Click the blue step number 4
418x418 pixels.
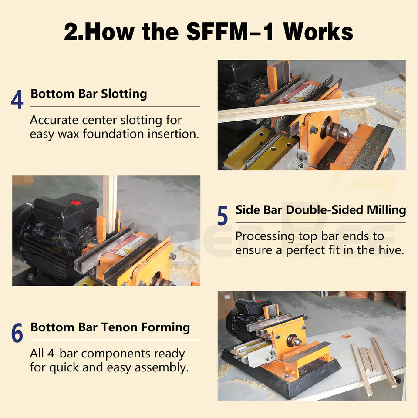[17, 99]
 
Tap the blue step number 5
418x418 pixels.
[222, 216]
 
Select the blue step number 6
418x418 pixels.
[17, 333]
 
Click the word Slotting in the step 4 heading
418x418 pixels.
[124, 94]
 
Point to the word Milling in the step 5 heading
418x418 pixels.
[386, 210]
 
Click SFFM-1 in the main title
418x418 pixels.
[230, 32]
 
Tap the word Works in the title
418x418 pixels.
[318, 32]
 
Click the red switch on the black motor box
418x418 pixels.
[77, 203]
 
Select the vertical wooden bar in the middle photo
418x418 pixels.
[110, 204]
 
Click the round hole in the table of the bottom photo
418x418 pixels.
[346, 336]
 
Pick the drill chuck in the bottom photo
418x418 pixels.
[295, 341]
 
